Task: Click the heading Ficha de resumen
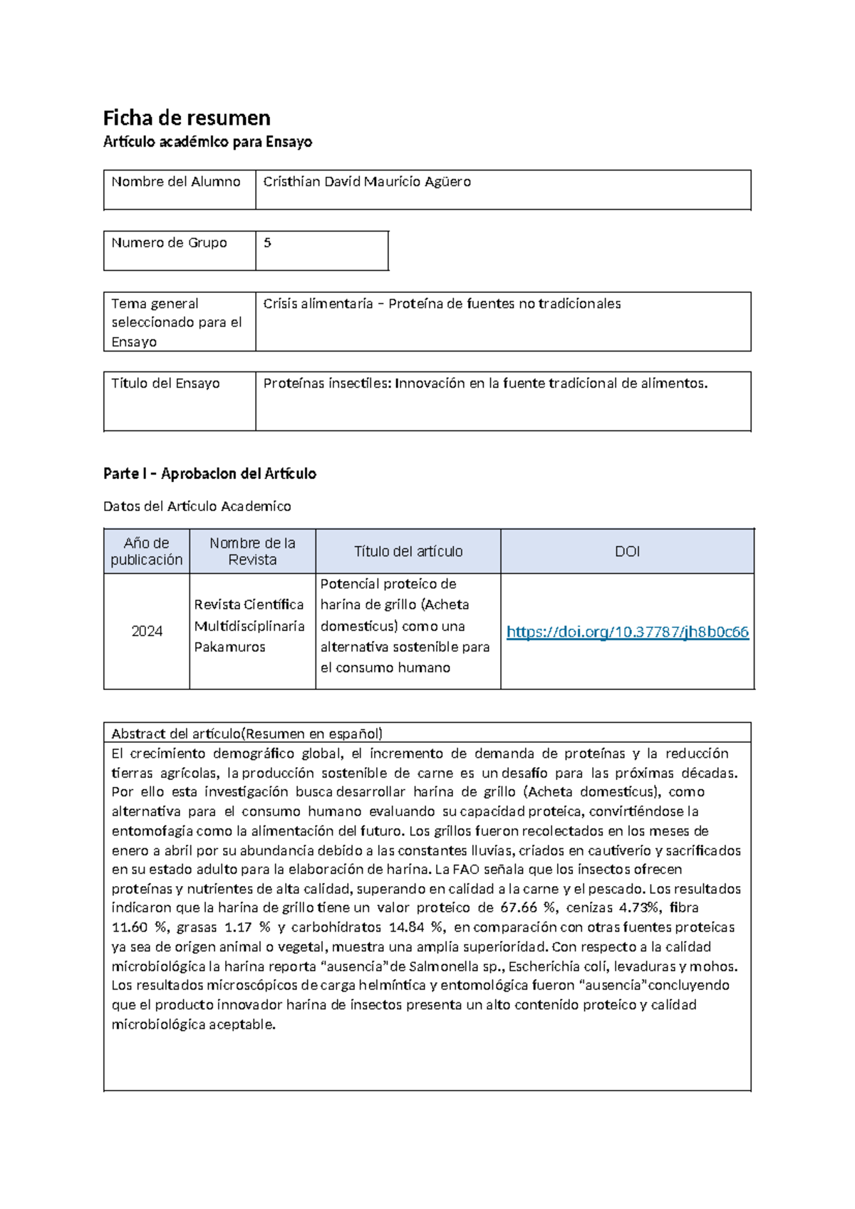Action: click(187, 118)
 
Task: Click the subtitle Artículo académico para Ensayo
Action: click(207, 142)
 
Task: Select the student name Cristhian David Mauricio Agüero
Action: click(367, 182)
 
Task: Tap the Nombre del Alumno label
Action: click(176, 182)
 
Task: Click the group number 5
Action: click(267, 243)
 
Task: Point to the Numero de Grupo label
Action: click(169, 243)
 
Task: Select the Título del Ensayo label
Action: click(165, 384)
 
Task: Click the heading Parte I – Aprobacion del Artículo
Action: click(209, 474)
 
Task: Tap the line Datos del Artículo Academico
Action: click(197, 507)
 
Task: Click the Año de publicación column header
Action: click(147, 552)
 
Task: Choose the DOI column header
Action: click(627, 552)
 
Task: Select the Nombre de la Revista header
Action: click(252, 552)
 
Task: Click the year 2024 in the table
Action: click(147, 632)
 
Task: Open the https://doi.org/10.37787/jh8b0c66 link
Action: click(627, 632)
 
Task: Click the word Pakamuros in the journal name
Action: click(229, 647)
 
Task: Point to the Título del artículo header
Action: click(408, 552)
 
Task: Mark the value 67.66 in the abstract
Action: click(519, 908)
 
